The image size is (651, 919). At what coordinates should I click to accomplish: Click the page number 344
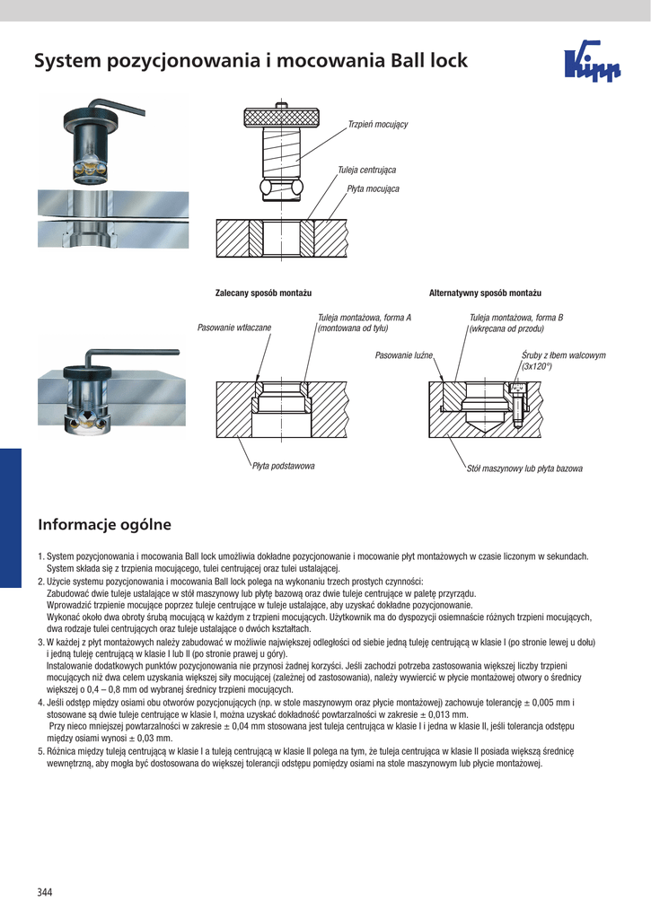(44, 892)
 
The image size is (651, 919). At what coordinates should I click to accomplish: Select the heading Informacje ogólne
(104, 524)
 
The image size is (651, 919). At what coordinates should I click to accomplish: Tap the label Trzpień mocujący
(377, 124)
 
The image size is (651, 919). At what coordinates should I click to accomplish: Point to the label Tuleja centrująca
(366, 170)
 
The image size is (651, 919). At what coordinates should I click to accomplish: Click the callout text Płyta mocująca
(373, 189)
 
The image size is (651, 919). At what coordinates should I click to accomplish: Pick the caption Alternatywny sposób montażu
(485, 293)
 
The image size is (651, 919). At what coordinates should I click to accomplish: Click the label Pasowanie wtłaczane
(234, 328)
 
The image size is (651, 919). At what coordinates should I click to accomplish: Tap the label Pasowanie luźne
(404, 356)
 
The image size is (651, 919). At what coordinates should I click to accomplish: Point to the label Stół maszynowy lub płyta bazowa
(524, 468)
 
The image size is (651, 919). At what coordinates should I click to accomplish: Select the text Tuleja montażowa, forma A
(365, 318)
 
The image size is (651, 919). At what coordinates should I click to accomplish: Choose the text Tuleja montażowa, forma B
(516, 318)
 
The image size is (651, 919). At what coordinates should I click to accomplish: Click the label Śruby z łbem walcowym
(563, 355)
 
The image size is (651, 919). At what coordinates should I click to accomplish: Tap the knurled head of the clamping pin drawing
(282, 118)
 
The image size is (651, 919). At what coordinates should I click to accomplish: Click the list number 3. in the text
(41, 643)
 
